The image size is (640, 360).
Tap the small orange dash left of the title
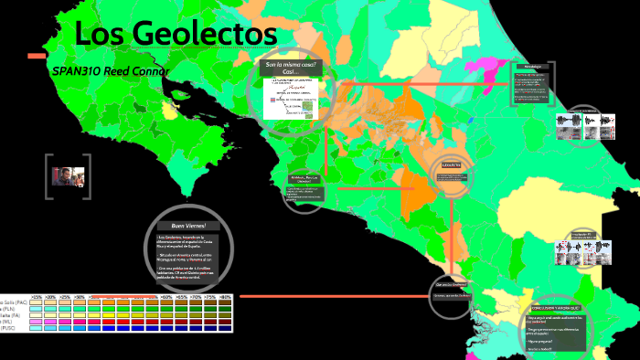(37, 57)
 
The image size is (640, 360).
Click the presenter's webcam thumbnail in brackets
(69, 175)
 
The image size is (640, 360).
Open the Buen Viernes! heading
(183, 226)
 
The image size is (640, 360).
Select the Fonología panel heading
(534, 67)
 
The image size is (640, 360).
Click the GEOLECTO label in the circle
(453, 165)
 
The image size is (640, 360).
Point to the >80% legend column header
(224, 297)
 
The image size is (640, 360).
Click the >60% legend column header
(166, 297)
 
